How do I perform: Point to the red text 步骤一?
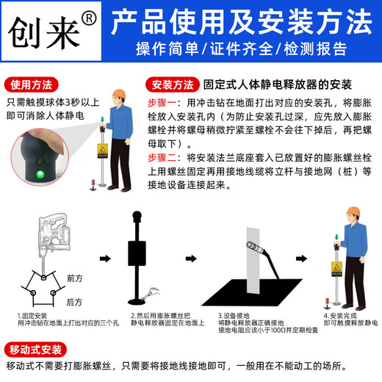[x=162, y=101]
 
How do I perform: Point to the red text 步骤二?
[x=162, y=157]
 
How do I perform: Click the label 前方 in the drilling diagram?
[x=74, y=278]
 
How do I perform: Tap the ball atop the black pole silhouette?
[x=136, y=217]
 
